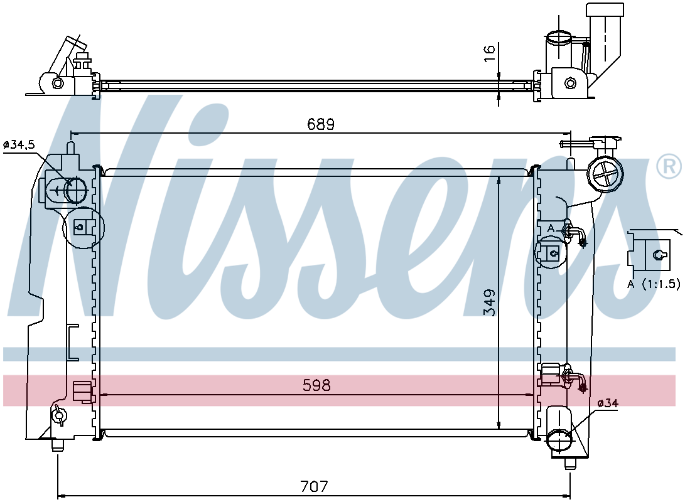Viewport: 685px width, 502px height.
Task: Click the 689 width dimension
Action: [321, 124]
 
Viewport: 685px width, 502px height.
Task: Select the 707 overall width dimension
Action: [314, 486]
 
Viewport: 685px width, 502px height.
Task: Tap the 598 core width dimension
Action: [316, 385]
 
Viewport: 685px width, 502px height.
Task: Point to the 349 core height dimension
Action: [490, 302]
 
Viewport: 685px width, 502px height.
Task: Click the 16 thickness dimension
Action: [490, 48]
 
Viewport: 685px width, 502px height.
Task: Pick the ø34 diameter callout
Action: [608, 403]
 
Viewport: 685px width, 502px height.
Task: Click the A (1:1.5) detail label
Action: [654, 284]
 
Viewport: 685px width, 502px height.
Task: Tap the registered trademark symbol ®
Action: [669, 166]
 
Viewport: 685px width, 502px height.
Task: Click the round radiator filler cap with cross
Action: [605, 174]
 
